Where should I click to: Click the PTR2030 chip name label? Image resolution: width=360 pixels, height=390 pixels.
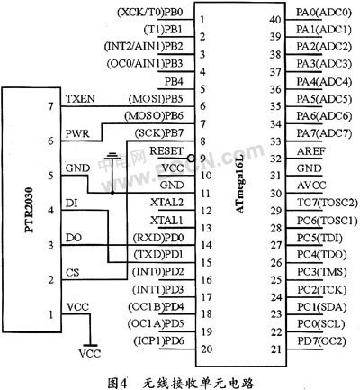coord(30,210)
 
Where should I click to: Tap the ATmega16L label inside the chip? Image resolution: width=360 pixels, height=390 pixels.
coord(240,186)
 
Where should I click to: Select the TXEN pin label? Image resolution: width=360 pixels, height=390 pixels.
coord(80,99)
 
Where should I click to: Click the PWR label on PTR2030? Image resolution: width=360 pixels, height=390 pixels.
coord(77,133)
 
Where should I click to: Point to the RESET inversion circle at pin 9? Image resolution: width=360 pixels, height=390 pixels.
coord(190,158)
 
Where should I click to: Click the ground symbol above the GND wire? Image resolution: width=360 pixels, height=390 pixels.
coord(112,156)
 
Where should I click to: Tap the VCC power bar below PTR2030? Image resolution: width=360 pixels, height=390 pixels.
coord(90,345)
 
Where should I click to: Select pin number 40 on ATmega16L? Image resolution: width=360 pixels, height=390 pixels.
coord(275,20)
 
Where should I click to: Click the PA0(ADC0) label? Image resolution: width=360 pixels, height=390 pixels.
coord(323,13)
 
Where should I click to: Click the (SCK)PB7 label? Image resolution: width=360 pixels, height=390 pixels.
coord(158,133)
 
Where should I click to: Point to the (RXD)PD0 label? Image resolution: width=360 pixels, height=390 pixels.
coord(158,238)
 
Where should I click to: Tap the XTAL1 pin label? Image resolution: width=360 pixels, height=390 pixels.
coord(166,221)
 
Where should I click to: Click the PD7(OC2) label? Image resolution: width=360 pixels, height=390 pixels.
coord(321,341)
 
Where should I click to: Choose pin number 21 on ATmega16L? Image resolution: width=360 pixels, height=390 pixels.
coord(275,349)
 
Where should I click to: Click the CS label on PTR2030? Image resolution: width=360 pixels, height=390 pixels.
coord(72,273)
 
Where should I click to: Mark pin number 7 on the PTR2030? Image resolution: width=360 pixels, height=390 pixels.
coord(50,106)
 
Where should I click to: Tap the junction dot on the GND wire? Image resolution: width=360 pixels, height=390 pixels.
coord(112,193)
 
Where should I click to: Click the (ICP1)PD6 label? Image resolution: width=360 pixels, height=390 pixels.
coord(158,340)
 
